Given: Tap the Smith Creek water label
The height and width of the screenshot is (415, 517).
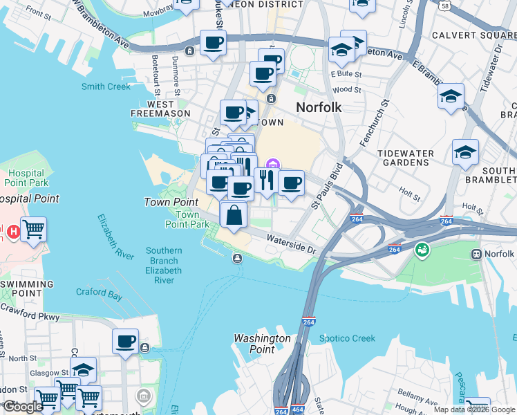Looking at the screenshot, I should (x=106, y=86).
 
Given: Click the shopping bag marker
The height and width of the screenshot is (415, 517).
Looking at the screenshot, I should (x=234, y=214).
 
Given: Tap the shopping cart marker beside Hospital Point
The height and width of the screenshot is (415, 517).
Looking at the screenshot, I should (x=33, y=229).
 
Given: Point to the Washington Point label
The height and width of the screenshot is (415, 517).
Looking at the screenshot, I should (x=262, y=344).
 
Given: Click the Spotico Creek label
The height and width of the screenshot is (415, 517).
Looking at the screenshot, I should (x=347, y=338).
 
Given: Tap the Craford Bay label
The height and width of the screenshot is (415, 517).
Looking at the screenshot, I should (x=99, y=293).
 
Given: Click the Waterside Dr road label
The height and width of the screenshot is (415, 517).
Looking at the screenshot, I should (x=292, y=243).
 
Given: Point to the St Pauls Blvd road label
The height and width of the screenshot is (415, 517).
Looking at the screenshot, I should (x=327, y=186).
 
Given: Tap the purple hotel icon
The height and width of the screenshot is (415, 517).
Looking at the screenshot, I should (x=273, y=164).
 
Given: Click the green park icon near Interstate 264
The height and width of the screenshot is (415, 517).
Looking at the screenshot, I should (x=420, y=249).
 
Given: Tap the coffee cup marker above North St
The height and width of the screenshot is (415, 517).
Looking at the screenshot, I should (x=126, y=341).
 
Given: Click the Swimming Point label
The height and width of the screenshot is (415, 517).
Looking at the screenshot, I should (x=27, y=288).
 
